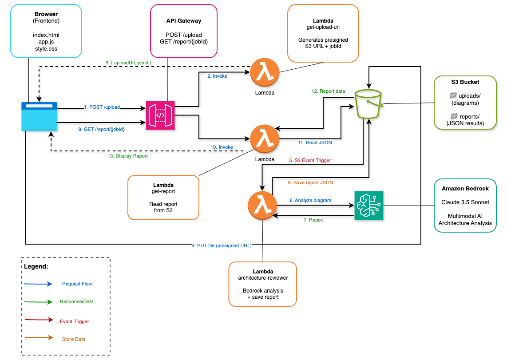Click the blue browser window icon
click(x=40, y=117)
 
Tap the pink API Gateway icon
click(x=160, y=115)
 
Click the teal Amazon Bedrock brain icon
click(x=368, y=206)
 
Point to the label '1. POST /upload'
click(x=102, y=107)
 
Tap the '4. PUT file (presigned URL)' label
click(x=222, y=245)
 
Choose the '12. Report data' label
click(x=328, y=91)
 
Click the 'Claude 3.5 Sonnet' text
click(x=465, y=202)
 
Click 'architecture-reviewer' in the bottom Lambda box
click(x=262, y=278)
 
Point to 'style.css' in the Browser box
click(x=46, y=49)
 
